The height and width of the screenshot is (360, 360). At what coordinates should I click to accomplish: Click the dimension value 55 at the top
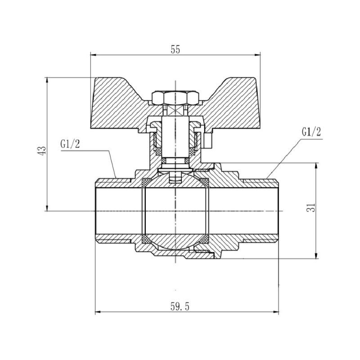[x=175, y=50]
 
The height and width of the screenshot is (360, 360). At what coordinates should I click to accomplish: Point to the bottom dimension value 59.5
[x=180, y=306]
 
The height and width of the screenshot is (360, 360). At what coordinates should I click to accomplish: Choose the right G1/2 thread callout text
[x=311, y=132]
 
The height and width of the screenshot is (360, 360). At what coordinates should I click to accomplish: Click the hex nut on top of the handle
[x=175, y=97]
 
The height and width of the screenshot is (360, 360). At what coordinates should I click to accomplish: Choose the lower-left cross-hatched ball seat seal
[x=146, y=238]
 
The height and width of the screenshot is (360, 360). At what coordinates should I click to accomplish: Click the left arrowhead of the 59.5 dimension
[x=98, y=312]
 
